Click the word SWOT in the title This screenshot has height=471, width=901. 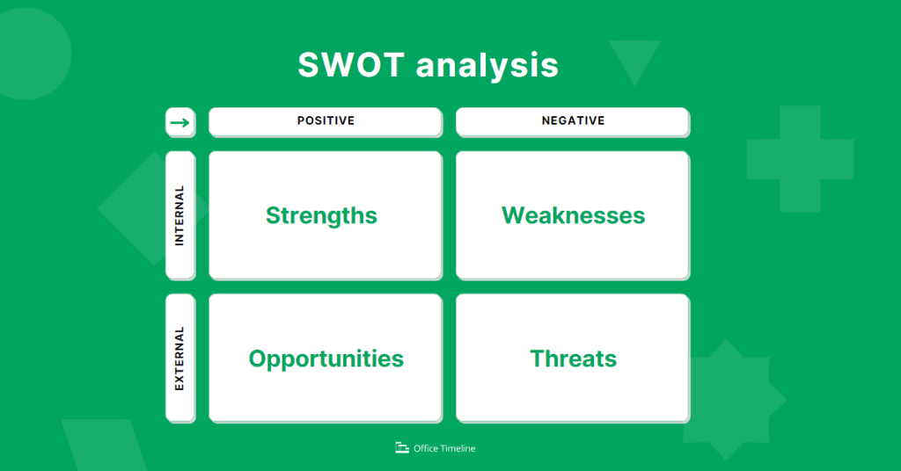[x=350, y=66]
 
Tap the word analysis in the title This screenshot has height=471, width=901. [x=487, y=67]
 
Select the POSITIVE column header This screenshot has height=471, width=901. [x=326, y=121]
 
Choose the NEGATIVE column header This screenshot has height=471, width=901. [x=573, y=121]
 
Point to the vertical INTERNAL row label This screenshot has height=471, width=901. [x=179, y=215]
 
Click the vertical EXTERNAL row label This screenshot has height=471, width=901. [x=179, y=359]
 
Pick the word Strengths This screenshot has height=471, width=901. [x=321, y=215]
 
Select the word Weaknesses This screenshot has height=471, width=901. [x=573, y=215]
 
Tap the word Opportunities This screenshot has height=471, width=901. [x=326, y=359]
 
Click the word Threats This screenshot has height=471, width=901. [x=573, y=359]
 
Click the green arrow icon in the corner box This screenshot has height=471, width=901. [x=179, y=122]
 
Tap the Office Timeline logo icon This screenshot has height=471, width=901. [x=402, y=448]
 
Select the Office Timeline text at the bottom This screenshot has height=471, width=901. [x=444, y=448]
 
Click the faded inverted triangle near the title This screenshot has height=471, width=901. [x=634, y=58]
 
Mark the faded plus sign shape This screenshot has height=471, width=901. [x=800, y=159]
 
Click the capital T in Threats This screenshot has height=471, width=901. [x=537, y=359]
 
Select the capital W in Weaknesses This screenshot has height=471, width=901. [x=512, y=215]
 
